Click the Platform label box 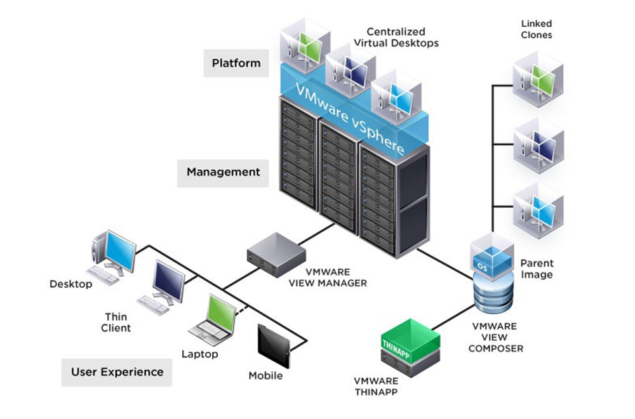236,63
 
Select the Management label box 223,173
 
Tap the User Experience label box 117,373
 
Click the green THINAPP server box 411,348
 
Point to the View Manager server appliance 277,255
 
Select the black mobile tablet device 274,346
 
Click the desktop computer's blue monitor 120,252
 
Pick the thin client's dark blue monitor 169,281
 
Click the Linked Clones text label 537,29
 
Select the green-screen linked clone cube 538,79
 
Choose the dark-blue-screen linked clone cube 538,145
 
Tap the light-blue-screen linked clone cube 538,210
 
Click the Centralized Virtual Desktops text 396,37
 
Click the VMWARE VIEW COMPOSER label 496,337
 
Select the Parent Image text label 537,269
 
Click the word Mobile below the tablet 265,376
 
